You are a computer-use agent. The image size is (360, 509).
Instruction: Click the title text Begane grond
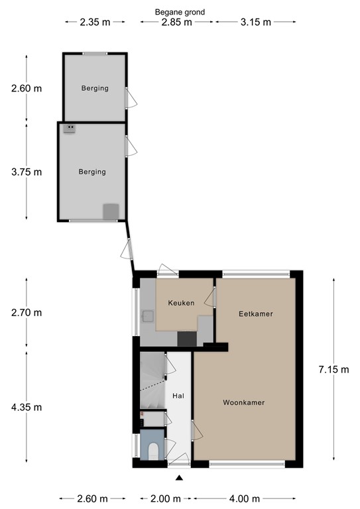(180, 12)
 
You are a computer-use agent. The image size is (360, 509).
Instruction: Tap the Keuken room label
(181, 303)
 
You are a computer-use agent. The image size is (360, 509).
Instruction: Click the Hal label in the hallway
(178, 396)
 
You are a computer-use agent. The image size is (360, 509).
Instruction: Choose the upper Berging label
(95, 88)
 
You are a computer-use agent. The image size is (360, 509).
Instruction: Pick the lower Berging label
(92, 172)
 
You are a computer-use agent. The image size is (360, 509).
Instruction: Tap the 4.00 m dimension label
(245, 499)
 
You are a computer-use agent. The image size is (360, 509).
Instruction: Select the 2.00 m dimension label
(166, 499)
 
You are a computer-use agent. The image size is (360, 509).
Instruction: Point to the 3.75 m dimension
(27, 172)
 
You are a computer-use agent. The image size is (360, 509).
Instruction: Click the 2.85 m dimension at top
(177, 22)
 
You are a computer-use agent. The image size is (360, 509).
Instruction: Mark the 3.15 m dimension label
(255, 22)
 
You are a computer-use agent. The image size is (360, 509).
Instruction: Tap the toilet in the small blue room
(153, 452)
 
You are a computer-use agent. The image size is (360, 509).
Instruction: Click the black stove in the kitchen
(187, 339)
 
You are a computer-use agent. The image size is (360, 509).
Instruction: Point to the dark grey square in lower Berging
(111, 211)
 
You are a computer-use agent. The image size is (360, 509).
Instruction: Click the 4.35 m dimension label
(27, 407)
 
